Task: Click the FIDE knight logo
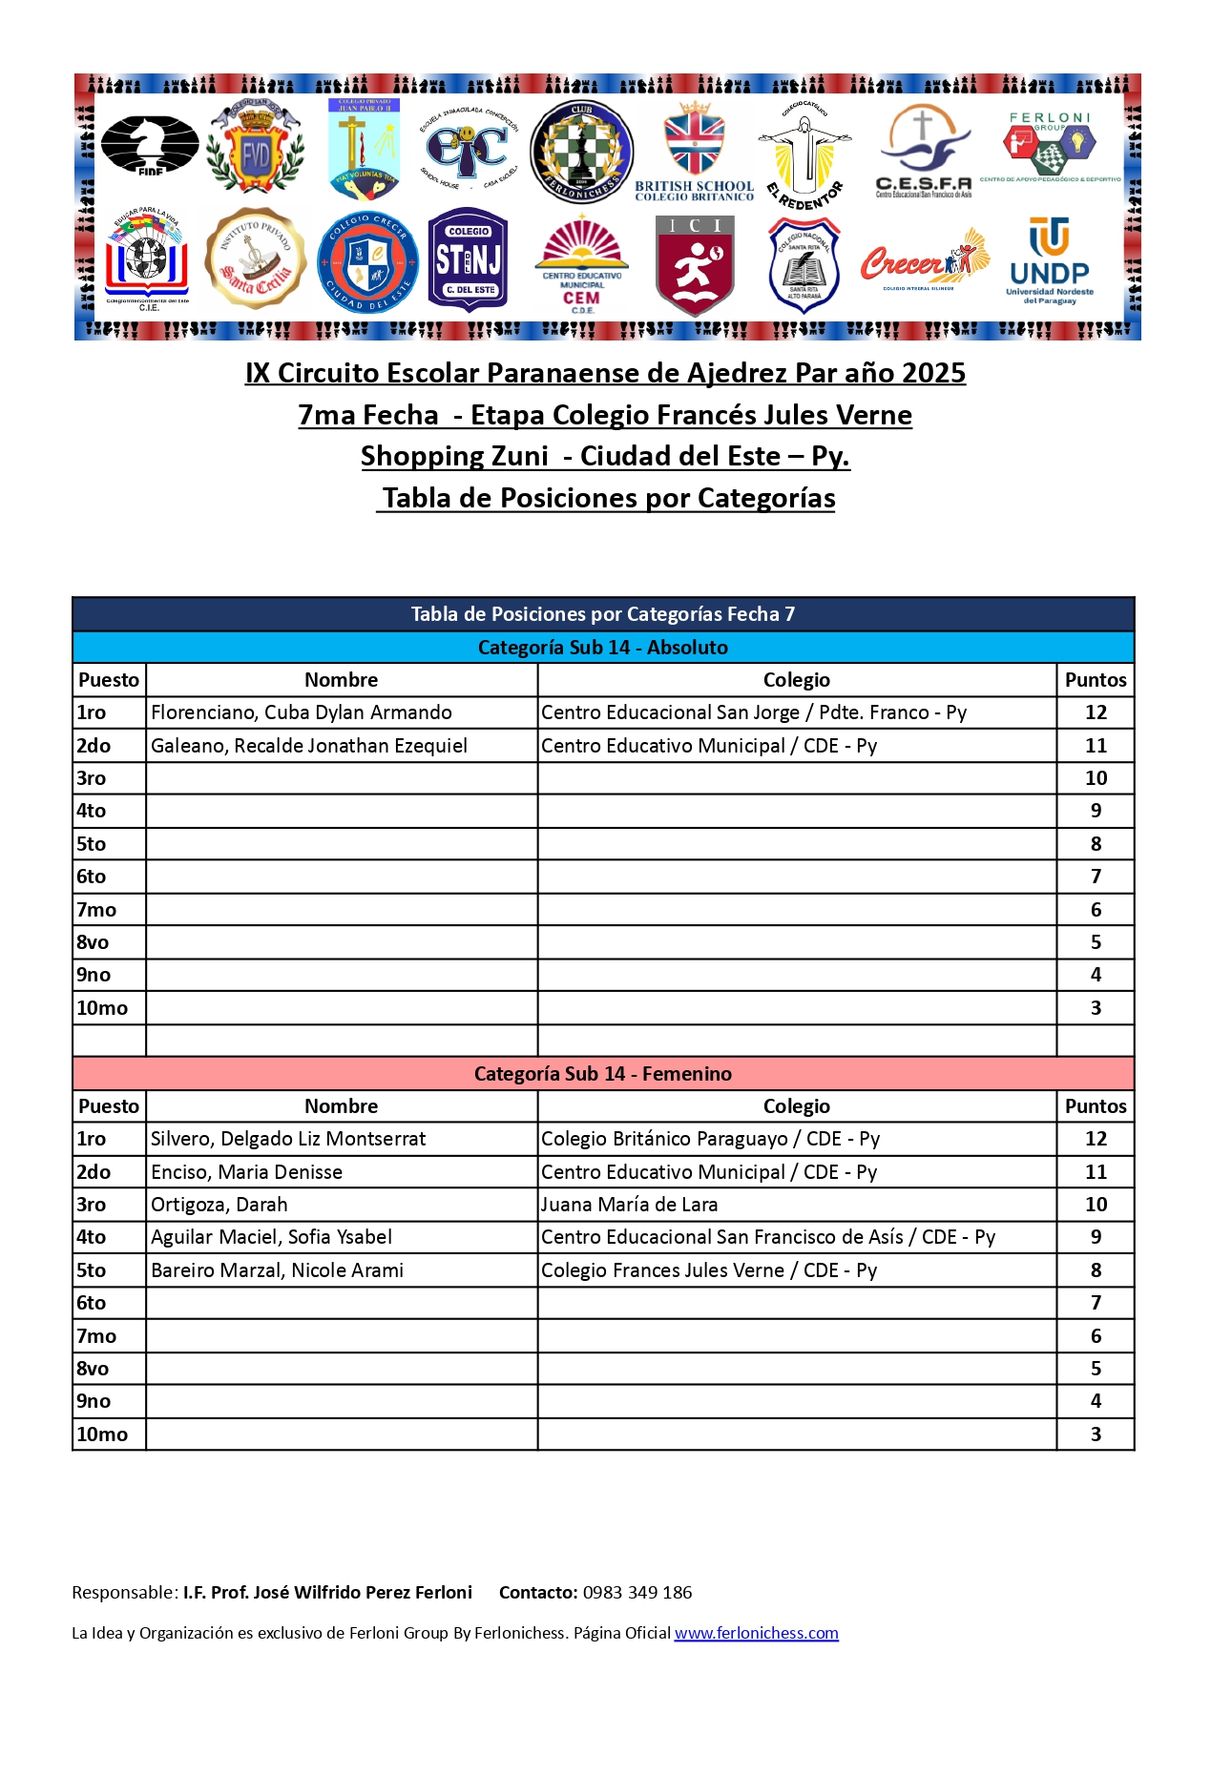click(x=150, y=144)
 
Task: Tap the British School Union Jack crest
click(x=694, y=151)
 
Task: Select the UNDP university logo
click(x=1049, y=260)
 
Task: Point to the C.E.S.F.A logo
click(x=923, y=151)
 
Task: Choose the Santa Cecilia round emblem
click(x=256, y=258)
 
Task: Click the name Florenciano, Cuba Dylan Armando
click(x=302, y=712)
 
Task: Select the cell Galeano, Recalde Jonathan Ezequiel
click(x=309, y=746)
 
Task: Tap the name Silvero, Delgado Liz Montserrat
click(x=288, y=1139)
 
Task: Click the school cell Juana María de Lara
click(x=630, y=1205)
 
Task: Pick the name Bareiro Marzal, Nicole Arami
click(x=277, y=1270)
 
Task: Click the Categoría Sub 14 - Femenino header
click(x=603, y=1074)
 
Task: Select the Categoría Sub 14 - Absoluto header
click(x=603, y=648)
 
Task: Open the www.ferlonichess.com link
click(x=756, y=1633)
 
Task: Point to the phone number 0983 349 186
click(x=637, y=1592)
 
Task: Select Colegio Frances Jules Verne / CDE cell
click(x=709, y=1270)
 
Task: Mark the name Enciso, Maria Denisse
click(x=246, y=1172)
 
